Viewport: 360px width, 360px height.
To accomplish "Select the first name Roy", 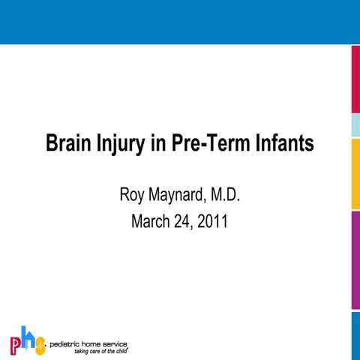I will tap(132, 196).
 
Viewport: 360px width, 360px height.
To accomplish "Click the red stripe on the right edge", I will tap(355, 79).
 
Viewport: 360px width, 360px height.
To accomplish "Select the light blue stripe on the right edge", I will tap(355, 126).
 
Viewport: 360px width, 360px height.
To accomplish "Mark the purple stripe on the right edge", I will tap(355, 259).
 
